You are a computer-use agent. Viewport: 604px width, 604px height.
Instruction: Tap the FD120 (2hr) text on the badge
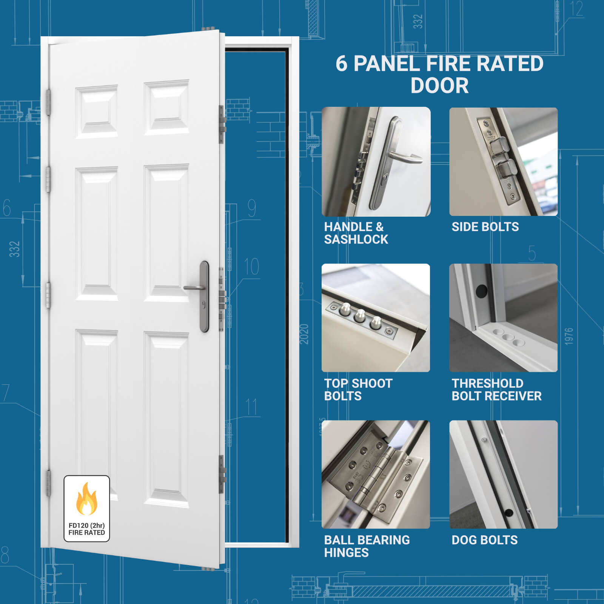[86, 525]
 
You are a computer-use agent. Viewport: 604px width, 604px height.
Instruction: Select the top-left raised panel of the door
[97, 112]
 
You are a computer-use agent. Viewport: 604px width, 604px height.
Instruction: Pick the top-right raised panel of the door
[166, 107]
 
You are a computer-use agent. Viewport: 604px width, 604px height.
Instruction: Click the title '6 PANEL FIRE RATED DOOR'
[439, 74]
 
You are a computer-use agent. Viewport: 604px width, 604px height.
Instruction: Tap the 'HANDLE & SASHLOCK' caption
[356, 233]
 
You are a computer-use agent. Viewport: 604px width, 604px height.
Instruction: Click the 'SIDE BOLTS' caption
[485, 227]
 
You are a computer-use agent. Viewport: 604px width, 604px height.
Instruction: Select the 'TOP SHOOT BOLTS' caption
[358, 390]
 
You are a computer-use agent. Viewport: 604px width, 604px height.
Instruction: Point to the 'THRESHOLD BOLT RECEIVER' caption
[496, 390]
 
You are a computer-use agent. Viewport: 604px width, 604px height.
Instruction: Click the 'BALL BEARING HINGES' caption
[367, 546]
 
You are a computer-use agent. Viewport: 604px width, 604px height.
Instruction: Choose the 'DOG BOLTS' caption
[485, 540]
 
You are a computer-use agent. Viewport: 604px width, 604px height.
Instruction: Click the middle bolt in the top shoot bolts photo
[359, 316]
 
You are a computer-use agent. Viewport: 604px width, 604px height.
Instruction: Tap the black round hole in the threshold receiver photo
[481, 291]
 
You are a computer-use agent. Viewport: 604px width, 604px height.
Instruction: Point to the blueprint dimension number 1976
[569, 336]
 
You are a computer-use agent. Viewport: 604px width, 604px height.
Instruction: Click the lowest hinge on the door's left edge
[48, 483]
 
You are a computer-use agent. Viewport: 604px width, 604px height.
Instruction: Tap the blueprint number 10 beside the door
[251, 267]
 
